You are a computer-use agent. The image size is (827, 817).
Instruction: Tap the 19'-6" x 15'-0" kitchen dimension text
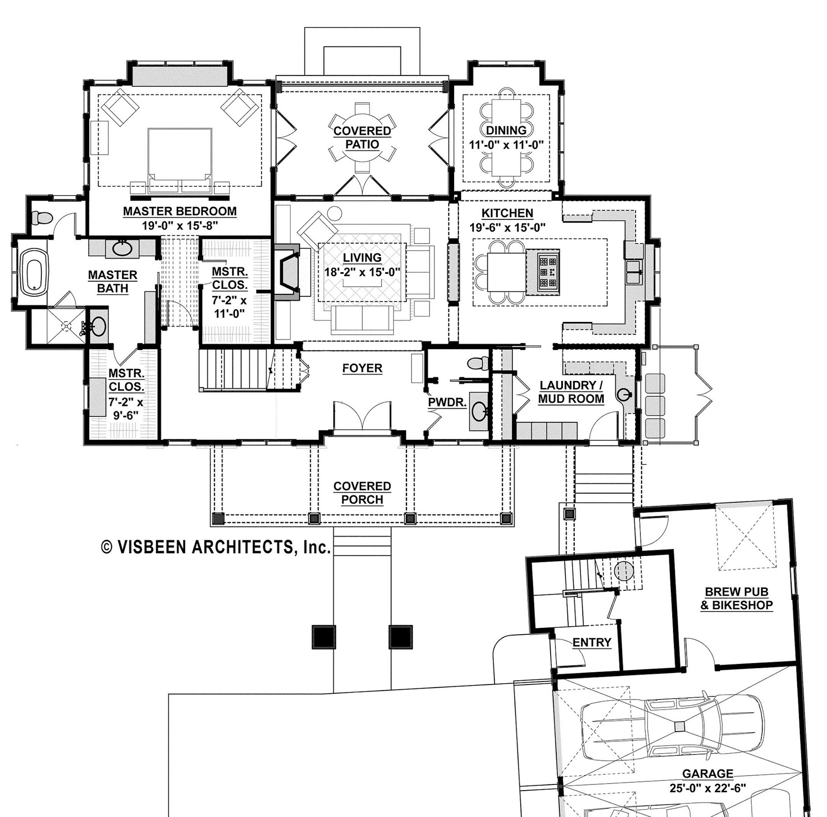508,227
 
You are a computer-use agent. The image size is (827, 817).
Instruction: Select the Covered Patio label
362,137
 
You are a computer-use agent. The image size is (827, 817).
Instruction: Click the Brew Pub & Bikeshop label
736,598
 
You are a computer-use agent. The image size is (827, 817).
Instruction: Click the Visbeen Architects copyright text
216,547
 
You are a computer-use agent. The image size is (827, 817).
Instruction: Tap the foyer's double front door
362,415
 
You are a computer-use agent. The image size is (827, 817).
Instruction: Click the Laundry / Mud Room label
571,392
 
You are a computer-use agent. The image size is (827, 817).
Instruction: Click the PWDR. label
447,402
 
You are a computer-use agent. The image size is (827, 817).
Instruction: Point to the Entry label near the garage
592,642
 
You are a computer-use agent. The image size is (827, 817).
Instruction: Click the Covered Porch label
362,493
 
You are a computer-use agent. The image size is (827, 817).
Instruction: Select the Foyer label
362,368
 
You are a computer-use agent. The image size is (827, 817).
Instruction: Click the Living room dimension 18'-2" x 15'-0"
362,271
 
